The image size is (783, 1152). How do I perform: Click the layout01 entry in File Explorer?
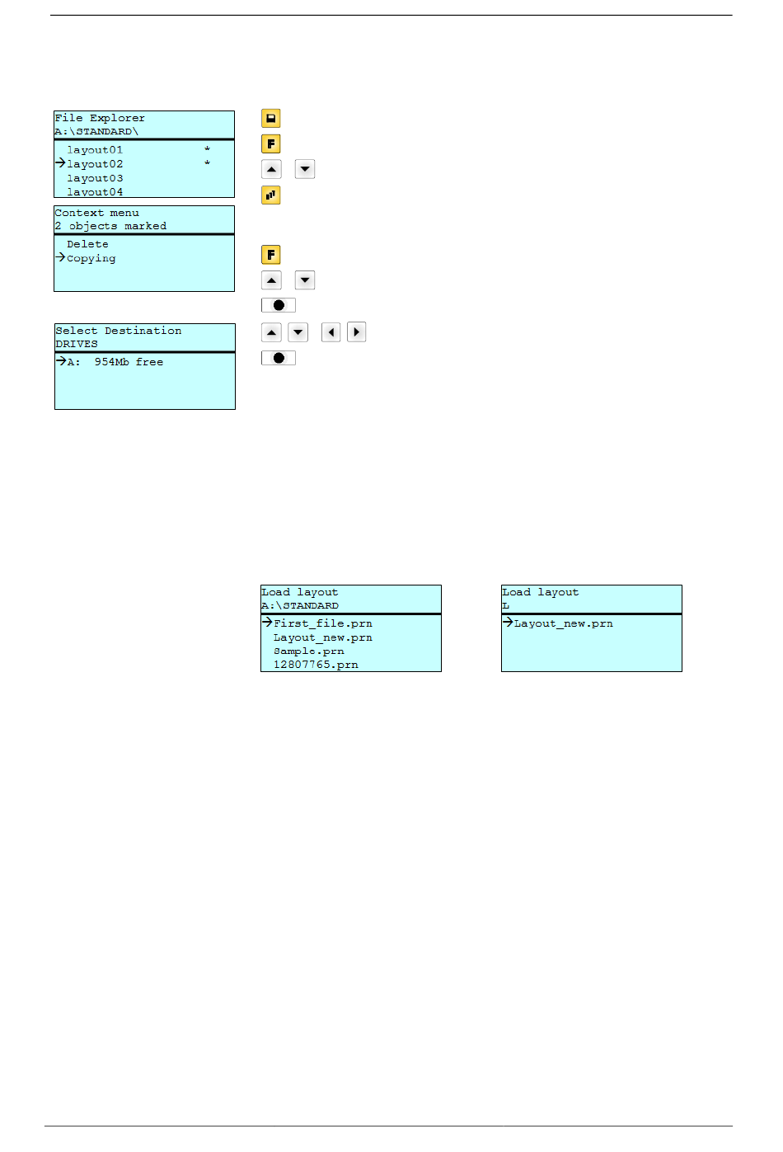point(95,150)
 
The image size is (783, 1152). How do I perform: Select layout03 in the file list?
point(95,178)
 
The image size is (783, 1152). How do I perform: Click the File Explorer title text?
point(100,119)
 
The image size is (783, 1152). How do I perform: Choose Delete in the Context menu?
point(87,244)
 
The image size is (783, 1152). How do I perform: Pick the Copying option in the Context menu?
point(91,258)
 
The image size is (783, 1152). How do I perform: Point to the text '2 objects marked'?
point(110,226)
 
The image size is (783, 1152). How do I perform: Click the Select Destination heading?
point(119,331)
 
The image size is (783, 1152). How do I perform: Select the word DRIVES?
point(77,344)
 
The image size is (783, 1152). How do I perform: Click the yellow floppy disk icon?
point(270,119)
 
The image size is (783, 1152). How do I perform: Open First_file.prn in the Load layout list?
point(323,623)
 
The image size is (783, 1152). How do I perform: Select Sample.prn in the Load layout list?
point(309,651)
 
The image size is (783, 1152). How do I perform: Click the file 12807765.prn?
point(316,665)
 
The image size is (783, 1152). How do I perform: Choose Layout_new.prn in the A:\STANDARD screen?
point(323,637)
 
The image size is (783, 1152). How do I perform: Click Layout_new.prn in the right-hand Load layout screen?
point(564,623)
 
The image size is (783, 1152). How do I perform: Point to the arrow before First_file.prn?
point(267,623)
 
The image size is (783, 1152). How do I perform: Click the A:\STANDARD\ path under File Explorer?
point(96,132)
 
